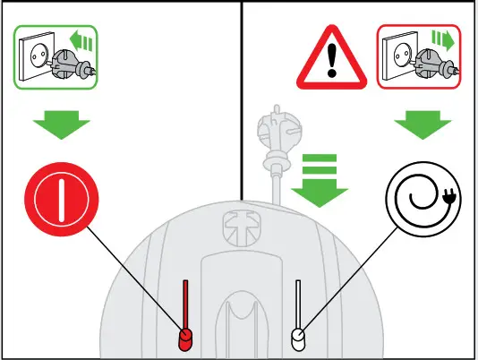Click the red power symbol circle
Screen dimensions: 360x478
point(59,196)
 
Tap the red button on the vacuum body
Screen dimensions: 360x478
point(185,339)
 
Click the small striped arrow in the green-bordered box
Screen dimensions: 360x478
point(83,39)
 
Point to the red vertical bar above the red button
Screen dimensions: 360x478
point(185,304)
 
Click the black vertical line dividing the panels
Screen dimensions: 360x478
point(242,99)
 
